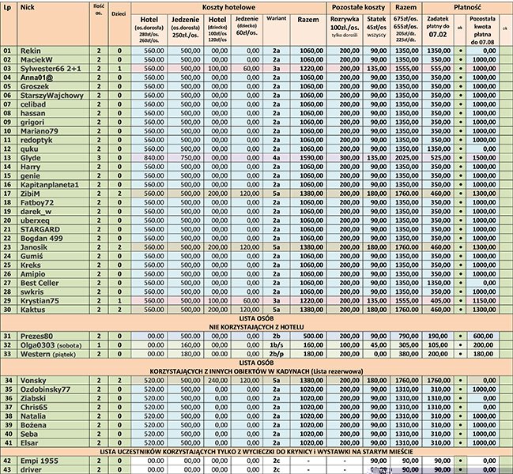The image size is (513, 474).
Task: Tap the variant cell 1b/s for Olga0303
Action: pos(276,344)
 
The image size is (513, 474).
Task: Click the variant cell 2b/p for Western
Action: pos(276,354)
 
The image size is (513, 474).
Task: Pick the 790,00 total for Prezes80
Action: pos(405,335)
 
